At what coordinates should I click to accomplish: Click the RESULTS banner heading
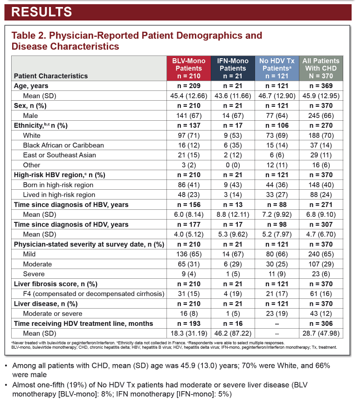42,12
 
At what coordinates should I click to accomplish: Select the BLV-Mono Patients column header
189,69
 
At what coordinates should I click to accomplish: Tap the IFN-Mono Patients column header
233,69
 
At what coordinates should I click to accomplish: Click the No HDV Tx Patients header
277,69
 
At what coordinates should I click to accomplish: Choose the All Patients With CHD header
321,69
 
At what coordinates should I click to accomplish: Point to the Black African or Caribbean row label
63,145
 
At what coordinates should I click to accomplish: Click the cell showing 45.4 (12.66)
189,96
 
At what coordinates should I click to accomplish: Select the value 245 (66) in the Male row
321,116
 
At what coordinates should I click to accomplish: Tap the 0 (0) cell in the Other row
233,165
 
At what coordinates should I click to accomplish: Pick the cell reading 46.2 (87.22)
233,333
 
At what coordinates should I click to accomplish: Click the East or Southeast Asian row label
59,155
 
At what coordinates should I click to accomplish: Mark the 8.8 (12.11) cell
233,214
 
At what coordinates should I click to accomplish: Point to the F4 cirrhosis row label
94,294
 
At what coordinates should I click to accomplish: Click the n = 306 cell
321,324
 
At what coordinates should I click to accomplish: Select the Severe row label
34,274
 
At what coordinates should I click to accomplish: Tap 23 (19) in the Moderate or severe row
277,314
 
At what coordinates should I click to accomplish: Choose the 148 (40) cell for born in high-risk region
321,185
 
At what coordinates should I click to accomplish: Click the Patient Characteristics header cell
51,76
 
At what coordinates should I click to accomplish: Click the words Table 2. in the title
28,35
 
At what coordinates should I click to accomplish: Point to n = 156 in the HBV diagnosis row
189,205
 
